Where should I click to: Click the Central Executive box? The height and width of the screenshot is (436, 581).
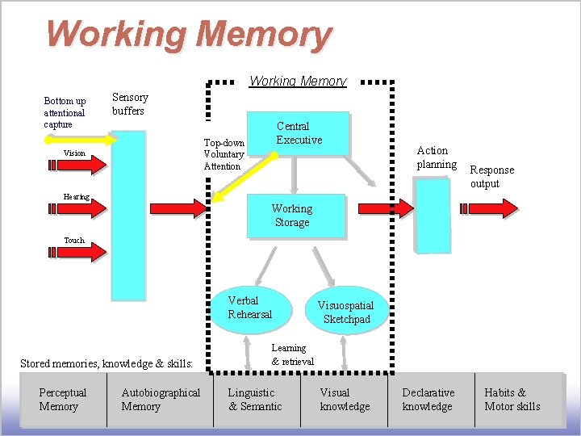299,133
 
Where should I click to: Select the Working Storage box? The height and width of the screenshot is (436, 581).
294,216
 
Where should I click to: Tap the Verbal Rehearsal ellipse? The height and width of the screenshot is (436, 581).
250,308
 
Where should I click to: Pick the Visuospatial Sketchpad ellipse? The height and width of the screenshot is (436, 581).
346,312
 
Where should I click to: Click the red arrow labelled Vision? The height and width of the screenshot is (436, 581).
77,165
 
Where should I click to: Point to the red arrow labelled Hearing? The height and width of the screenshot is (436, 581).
77,208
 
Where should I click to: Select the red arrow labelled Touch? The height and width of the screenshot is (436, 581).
77,252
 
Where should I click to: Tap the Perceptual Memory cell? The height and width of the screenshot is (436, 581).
63,400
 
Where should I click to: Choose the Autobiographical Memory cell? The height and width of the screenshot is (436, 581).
160,400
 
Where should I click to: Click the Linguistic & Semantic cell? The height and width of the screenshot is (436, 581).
255,400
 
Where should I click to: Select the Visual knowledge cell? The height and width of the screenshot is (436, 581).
345,400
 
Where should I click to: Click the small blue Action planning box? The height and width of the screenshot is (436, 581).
433,214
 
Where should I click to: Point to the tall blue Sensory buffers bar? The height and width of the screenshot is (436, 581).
127,215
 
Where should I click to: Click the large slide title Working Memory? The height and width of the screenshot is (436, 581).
189,35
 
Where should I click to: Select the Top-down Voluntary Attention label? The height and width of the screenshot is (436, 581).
224,154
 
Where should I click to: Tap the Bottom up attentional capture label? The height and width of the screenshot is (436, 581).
65,113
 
